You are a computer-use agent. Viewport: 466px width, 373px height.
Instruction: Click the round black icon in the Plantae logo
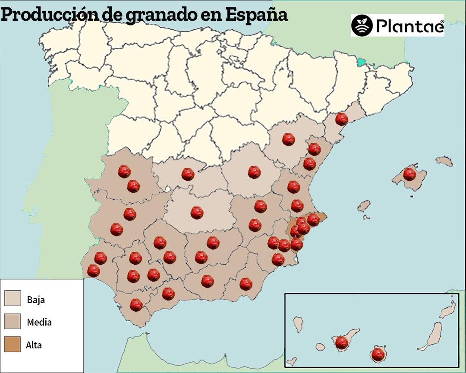click(362, 26)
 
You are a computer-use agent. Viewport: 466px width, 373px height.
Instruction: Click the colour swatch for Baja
click(13, 298)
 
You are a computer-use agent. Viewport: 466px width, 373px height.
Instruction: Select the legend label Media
click(39, 322)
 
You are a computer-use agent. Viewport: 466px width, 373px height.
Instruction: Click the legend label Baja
click(36, 299)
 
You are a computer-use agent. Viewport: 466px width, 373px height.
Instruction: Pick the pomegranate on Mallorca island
click(409, 175)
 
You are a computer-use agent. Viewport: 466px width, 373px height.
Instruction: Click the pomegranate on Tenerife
click(342, 343)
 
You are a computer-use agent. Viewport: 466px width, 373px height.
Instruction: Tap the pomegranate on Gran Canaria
click(378, 354)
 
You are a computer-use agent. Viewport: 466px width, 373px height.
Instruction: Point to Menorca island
click(444, 162)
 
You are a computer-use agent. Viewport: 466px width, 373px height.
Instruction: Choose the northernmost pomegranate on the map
click(342, 119)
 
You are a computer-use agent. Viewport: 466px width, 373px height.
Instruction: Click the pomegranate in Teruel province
click(288, 139)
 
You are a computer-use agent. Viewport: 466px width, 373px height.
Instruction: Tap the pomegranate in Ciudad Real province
click(197, 212)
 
